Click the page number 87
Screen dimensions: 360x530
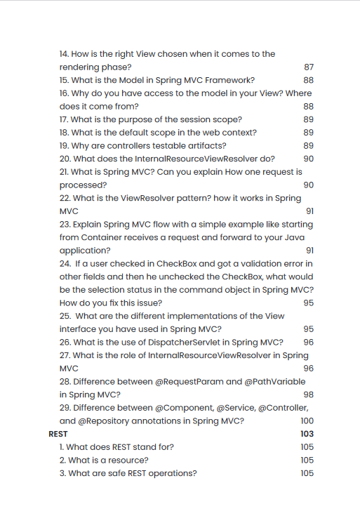(308, 67)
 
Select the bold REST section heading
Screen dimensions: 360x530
(58, 434)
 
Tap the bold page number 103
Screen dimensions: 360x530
(307, 434)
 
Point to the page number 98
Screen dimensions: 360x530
(308, 395)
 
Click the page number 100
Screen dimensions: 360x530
(307, 420)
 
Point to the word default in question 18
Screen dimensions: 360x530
(135, 132)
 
